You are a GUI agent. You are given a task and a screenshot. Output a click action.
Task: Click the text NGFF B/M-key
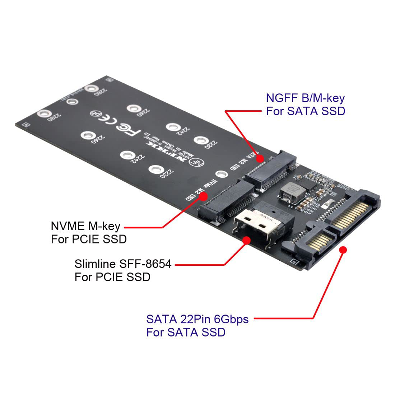click(x=305, y=98)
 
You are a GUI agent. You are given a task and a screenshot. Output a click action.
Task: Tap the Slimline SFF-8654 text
click(x=123, y=264)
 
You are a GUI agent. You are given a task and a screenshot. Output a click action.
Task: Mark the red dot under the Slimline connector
click(x=246, y=240)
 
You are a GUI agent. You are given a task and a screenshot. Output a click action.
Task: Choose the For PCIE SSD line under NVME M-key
click(x=89, y=239)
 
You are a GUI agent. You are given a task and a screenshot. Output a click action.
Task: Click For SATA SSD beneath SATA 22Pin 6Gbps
click(x=186, y=332)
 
